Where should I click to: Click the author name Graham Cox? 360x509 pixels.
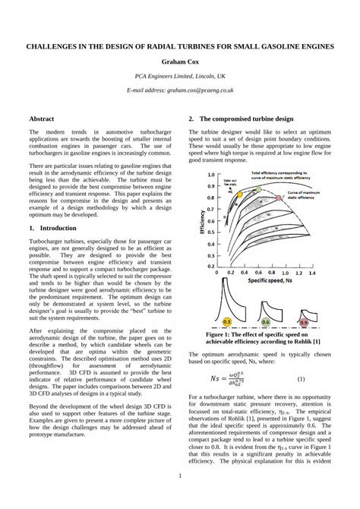pyautogui.click(x=180, y=61)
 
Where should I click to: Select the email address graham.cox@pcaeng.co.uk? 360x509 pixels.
pyautogui.click(x=180, y=90)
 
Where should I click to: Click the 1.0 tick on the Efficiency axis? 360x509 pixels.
pyautogui.click(x=210, y=175)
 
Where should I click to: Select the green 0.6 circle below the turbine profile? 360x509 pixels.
pyautogui.click(x=266, y=322)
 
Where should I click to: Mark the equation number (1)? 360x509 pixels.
pyautogui.click(x=301, y=378)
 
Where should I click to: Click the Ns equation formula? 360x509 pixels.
pyautogui.click(x=235, y=378)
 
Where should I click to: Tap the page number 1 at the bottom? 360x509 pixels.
pyautogui.click(x=180, y=476)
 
